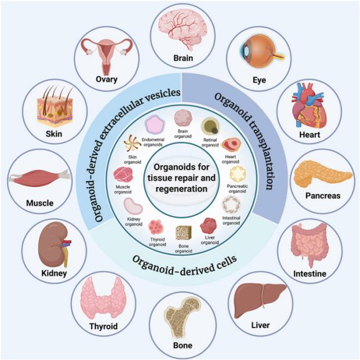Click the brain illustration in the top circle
(x=183, y=30)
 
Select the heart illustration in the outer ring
(x=310, y=106)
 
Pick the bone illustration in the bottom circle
(x=182, y=318)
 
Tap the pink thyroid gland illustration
(x=103, y=299)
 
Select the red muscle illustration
(x=39, y=178)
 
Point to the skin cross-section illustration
(x=55, y=107)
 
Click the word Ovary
(x=107, y=79)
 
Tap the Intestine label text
(x=310, y=274)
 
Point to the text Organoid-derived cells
(x=184, y=266)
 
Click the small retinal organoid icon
(x=210, y=126)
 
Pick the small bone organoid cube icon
(x=183, y=233)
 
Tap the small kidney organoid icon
(x=133, y=206)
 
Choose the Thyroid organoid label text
(x=157, y=242)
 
